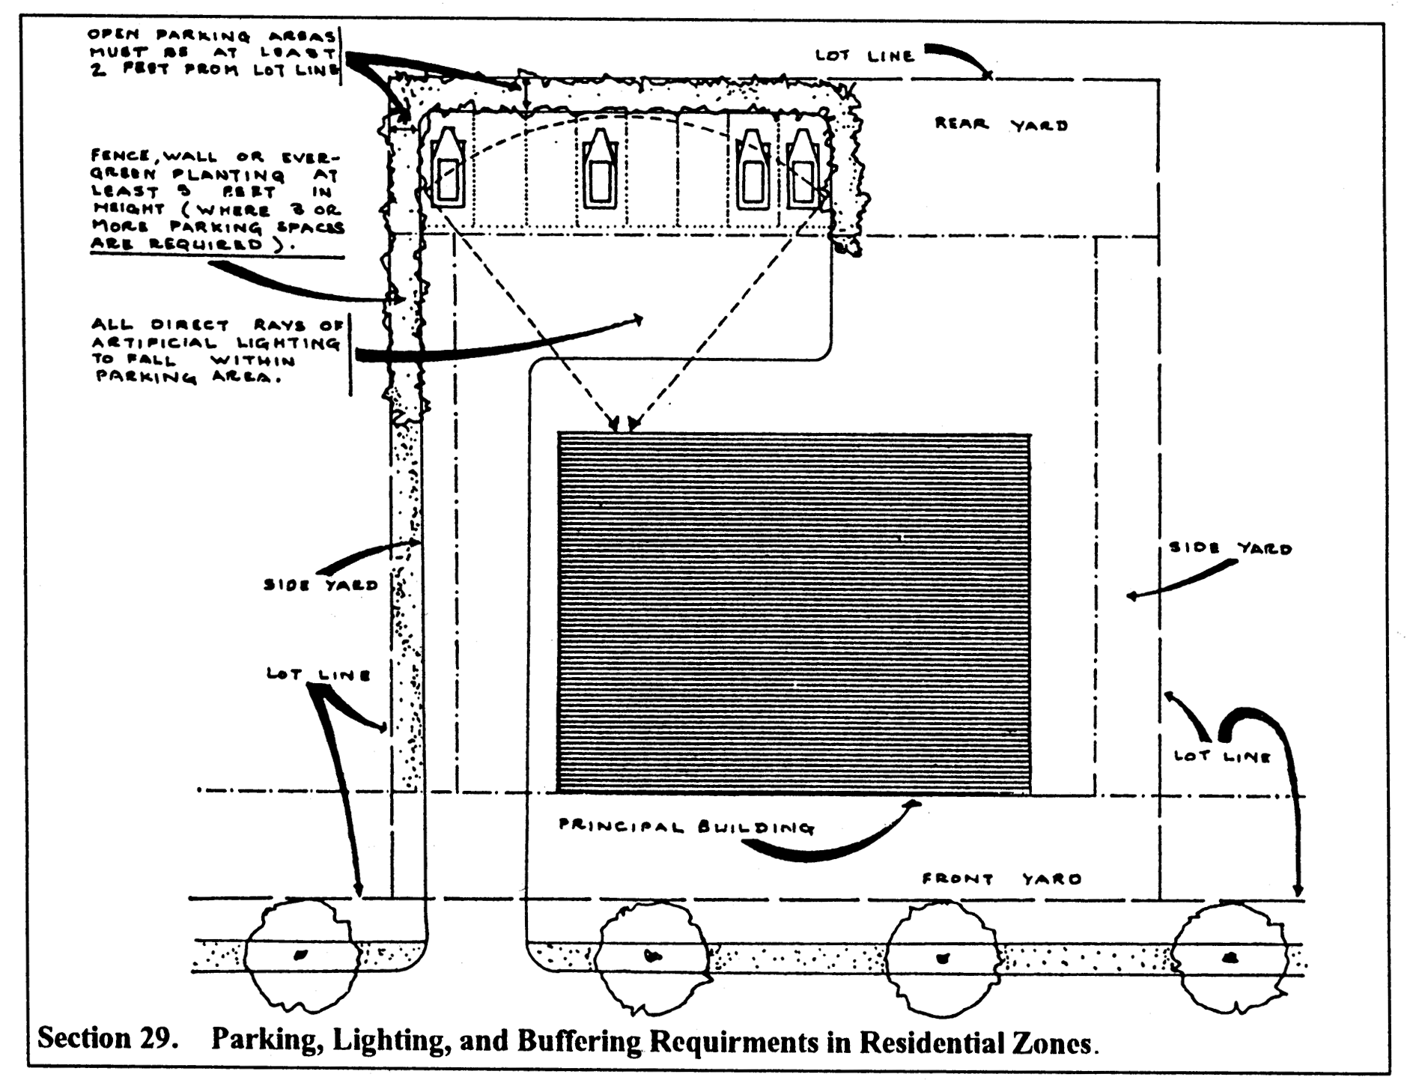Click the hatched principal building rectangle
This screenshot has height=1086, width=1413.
(794, 613)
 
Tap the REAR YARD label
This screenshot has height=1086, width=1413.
(1000, 124)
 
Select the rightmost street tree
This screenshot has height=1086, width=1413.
(1229, 956)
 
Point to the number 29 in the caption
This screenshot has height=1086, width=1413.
(156, 1039)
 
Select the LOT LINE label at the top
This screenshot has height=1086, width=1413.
(864, 55)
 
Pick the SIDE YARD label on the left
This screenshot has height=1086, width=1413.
(320, 585)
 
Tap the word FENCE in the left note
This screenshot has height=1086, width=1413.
(119, 157)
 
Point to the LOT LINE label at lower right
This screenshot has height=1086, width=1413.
(1222, 756)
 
